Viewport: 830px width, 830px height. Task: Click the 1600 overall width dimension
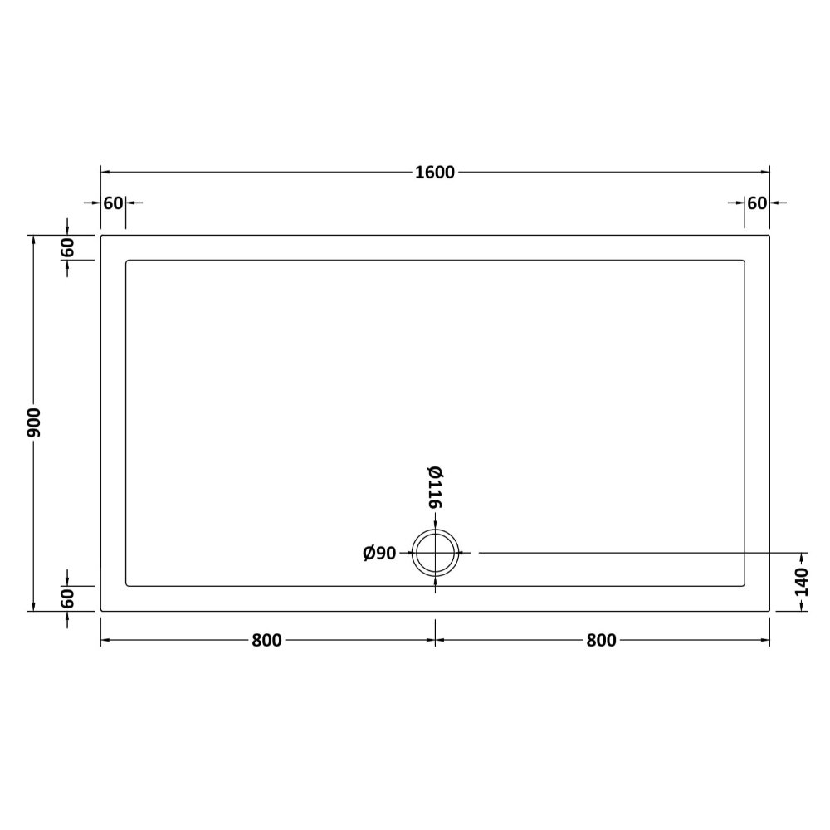tap(435, 173)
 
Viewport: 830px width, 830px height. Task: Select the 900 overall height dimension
tap(34, 422)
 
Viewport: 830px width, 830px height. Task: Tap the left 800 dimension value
tap(266, 641)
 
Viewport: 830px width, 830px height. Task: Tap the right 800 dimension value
tap(601, 641)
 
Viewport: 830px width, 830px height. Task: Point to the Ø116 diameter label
tap(435, 487)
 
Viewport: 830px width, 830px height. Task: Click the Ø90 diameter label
tap(379, 553)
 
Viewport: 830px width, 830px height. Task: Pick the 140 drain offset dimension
tap(803, 582)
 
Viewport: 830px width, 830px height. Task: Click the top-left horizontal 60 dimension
tap(113, 203)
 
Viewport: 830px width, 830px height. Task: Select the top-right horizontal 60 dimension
tap(757, 203)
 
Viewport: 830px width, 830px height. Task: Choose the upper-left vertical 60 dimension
tap(67, 247)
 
